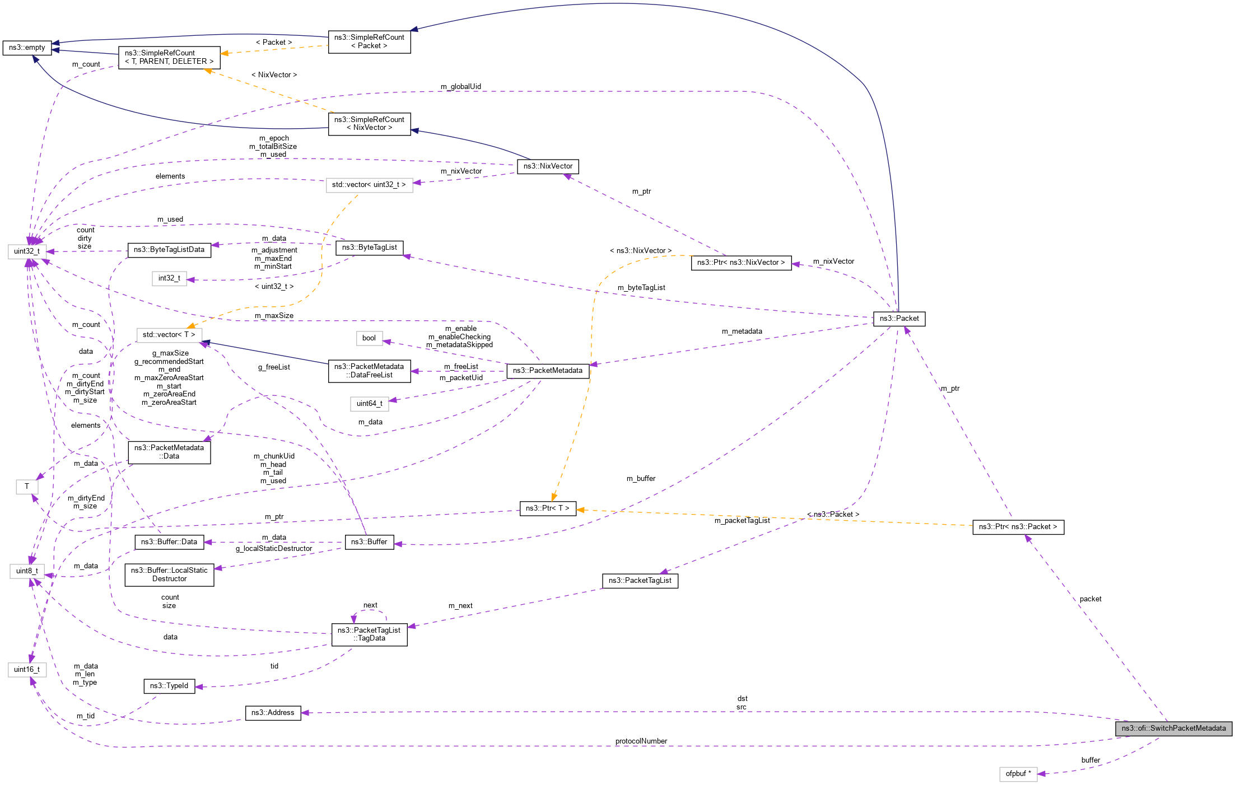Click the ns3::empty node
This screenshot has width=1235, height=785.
coord(27,48)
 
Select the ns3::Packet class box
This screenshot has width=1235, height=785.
coord(899,319)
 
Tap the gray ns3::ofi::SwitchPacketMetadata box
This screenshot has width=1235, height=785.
coord(1173,728)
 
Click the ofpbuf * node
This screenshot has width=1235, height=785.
coord(1018,774)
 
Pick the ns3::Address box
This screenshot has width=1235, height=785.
coord(273,713)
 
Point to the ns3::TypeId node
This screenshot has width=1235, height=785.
coord(169,686)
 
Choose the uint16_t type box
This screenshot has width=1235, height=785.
coord(27,670)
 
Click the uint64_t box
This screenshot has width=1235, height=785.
coord(369,404)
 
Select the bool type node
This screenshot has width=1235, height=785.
coord(369,338)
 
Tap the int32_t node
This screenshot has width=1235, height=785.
coord(169,278)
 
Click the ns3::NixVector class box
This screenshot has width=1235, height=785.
coord(548,166)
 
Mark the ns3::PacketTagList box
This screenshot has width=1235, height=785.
coord(640,581)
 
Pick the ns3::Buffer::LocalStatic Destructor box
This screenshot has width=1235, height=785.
coord(169,574)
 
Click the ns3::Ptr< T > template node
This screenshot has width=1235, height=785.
coord(547,508)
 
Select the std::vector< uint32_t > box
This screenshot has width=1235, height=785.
coord(369,185)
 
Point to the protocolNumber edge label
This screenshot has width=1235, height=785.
coord(641,741)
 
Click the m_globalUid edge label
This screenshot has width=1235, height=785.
coord(460,87)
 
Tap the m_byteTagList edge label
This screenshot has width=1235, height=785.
coord(641,288)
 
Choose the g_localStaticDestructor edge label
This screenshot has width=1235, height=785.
coord(274,549)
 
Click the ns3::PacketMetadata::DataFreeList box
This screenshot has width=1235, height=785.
coord(369,371)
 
